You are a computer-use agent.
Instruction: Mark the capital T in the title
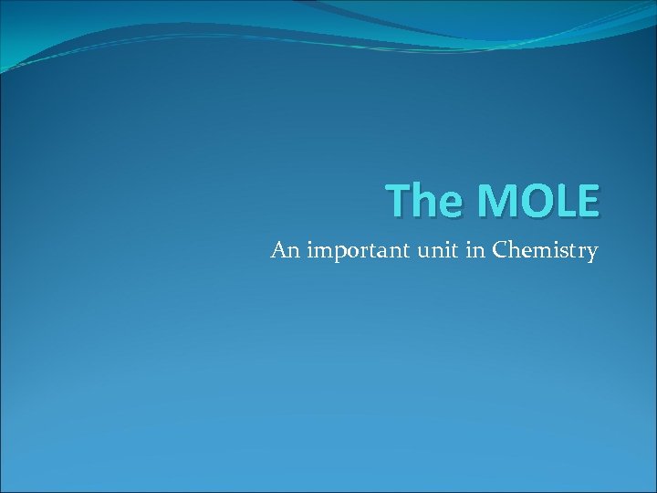click(x=396, y=200)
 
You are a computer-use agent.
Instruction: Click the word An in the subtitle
click(x=286, y=250)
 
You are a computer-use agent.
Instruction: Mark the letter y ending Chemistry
click(x=592, y=254)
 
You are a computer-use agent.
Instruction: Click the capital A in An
click(x=278, y=250)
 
